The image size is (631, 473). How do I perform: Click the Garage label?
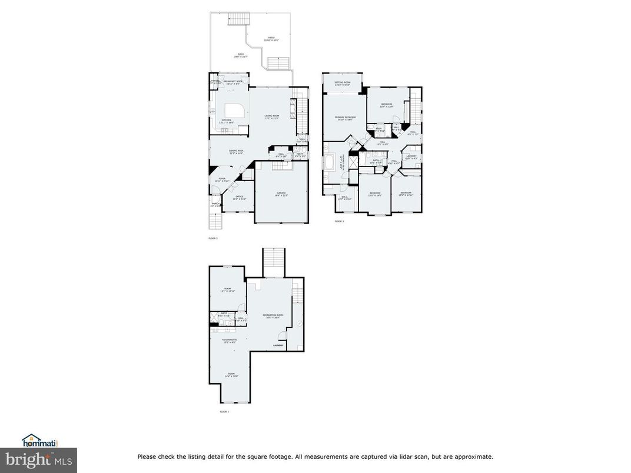pos(281,193)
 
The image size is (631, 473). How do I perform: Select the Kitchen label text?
pos(227,121)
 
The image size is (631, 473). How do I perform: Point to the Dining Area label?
pos(237,152)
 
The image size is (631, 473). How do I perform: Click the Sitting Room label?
pos(342,84)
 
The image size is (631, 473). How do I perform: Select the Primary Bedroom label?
pos(346,118)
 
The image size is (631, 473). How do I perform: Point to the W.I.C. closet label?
pos(345,198)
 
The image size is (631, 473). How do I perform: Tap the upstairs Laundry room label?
pos(411,156)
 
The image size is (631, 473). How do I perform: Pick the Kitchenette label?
pos(230,341)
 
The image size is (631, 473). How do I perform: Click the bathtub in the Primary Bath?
pos(330,162)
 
